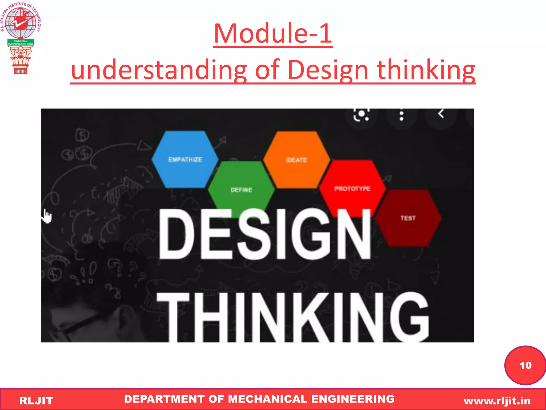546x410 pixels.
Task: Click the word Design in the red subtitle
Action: click(328, 70)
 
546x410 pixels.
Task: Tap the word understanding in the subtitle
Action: click(159, 70)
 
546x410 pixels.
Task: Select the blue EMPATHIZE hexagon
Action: click(185, 159)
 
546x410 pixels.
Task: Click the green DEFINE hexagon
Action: click(241, 187)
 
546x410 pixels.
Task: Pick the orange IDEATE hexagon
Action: click(296, 160)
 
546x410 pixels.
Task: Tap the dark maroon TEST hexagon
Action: click(408, 218)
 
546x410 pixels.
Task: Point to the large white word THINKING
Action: click(293, 318)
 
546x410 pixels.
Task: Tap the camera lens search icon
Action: click(361, 115)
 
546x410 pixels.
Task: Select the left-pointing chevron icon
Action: click(441, 114)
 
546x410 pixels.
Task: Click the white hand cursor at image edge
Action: click(47, 216)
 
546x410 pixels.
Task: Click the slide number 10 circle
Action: click(525, 365)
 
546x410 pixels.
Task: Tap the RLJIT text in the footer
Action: click(36, 401)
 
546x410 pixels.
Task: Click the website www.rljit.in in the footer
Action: click(497, 401)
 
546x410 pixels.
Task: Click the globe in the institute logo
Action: click(21, 23)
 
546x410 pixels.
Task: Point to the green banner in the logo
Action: click(21, 42)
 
